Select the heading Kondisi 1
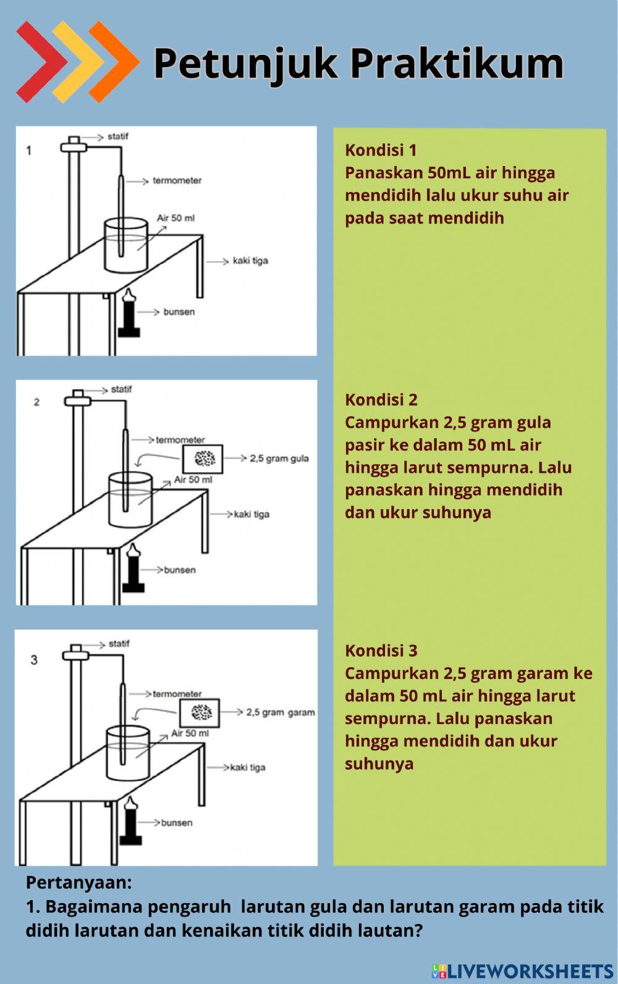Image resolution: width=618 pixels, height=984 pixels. pos(381,150)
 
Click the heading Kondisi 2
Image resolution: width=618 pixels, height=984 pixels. pos(381,399)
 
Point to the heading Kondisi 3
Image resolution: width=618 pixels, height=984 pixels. pos(381,650)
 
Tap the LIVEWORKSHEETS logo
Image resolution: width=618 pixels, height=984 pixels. pos(522,971)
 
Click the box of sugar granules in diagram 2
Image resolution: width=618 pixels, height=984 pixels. pos(203,458)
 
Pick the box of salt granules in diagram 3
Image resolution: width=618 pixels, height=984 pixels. pos(200,712)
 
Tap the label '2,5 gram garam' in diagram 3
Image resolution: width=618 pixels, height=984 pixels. pos(281,712)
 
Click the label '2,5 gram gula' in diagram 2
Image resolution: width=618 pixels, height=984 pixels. pos(279,459)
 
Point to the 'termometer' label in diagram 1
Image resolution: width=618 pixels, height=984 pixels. pos(177,181)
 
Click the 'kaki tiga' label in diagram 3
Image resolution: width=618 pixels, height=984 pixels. pos(248,767)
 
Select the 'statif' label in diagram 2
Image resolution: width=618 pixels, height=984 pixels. pos(121,390)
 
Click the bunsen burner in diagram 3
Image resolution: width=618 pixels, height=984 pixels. pos(130,821)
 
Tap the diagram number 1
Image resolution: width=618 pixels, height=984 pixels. pos(28,150)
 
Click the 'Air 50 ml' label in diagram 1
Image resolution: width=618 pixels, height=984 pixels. pos(176,218)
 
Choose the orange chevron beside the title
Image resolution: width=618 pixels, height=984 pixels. pos(114,61)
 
